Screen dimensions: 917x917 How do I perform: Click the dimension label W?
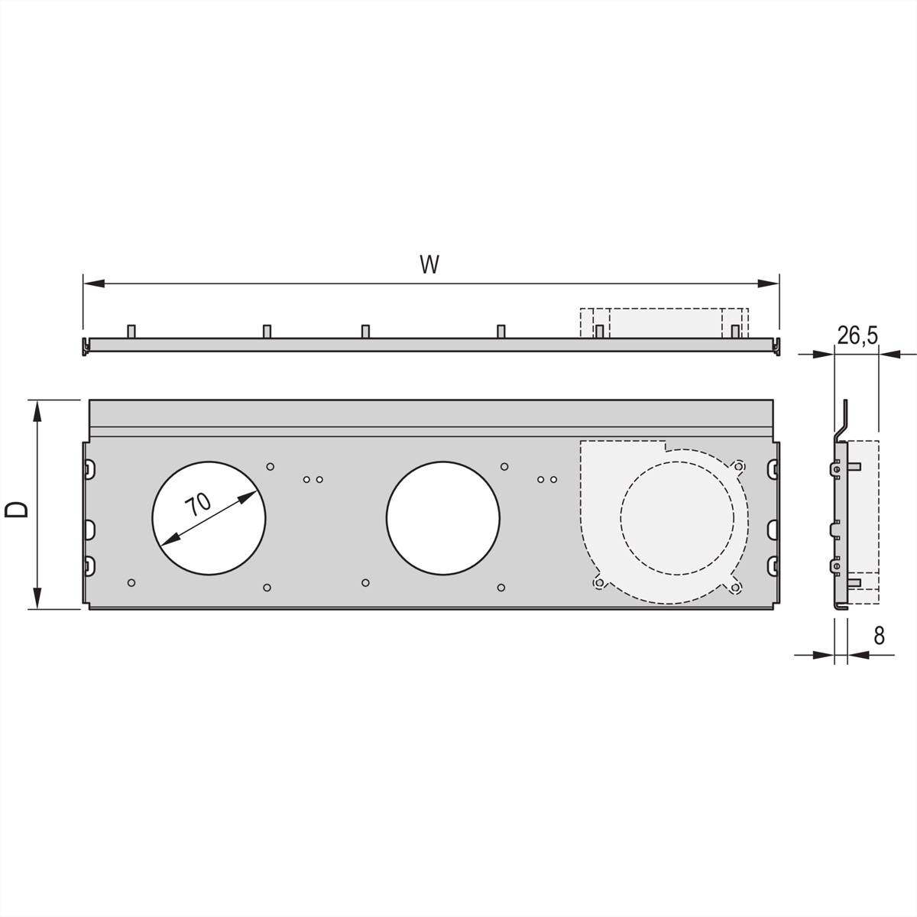click(x=429, y=264)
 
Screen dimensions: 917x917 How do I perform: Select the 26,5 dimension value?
click(x=857, y=334)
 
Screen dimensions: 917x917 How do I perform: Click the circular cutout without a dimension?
click(x=442, y=517)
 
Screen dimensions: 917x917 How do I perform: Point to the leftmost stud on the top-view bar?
click(x=131, y=331)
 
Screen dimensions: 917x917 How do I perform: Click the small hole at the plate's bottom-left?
click(x=131, y=583)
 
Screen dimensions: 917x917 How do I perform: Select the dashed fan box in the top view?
click(x=664, y=322)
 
